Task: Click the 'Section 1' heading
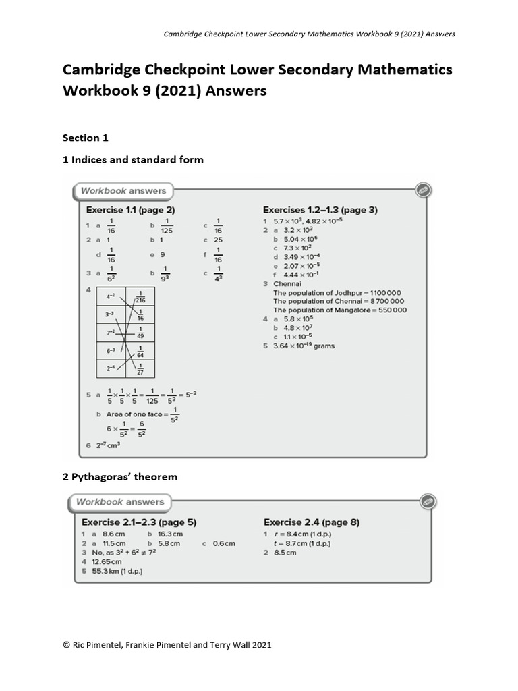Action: tap(86, 138)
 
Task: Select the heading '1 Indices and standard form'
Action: tap(133, 160)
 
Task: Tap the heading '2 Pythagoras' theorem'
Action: tap(120, 477)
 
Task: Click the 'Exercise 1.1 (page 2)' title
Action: tap(130, 210)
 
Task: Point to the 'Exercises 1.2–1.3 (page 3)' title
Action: tap(320, 210)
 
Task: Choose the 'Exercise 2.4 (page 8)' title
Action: tap(311, 522)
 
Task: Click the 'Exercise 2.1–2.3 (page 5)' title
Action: tap(139, 522)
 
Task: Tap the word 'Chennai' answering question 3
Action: tap(287, 284)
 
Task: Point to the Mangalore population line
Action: tap(339, 310)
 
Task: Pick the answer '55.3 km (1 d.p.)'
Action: tap(117, 571)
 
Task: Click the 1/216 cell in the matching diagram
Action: tap(140, 297)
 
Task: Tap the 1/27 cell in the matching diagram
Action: tap(140, 368)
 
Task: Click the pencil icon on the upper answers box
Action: tap(423, 190)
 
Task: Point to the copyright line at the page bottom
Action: tap(167, 645)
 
